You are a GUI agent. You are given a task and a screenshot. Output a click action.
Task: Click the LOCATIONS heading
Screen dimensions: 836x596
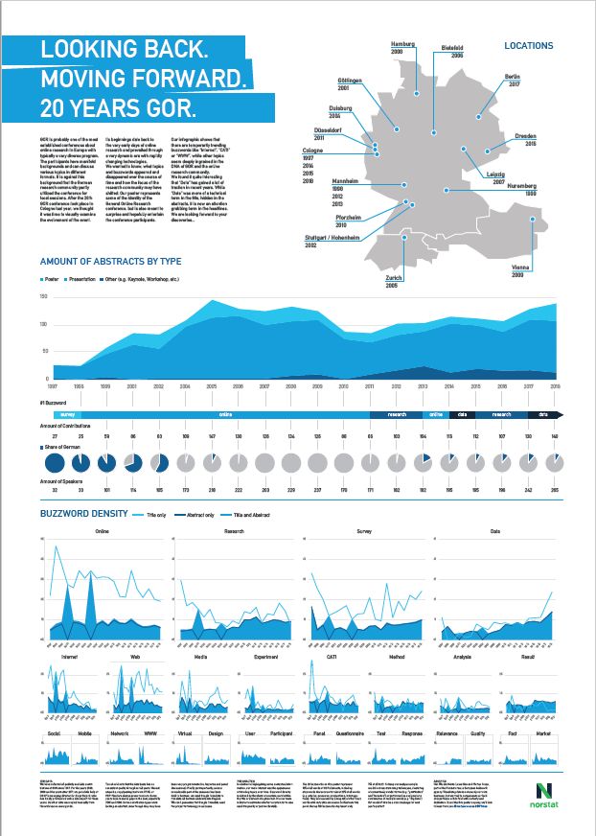click(529, 46)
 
